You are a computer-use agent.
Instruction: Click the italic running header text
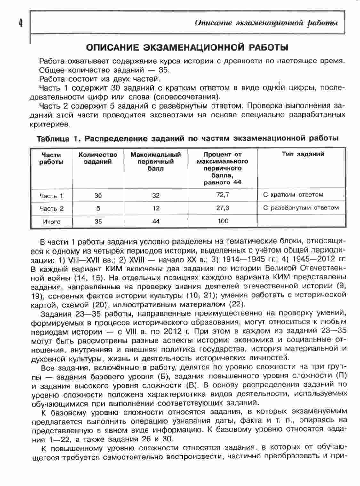pyautogui.click(x=266, y=23)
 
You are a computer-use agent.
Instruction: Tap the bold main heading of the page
pyautogui.click(x=188, y=47)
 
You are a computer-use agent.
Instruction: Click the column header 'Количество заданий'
pyautogui.click(x=98, y=158)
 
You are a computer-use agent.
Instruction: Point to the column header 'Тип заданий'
pyautogui.click(x=303, y=154)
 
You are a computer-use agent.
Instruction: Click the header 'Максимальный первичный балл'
pyautogui.click(x=156, y=161)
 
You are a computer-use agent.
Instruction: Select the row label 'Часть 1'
pyautogui.click(x=51, y=196)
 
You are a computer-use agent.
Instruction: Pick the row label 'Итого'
pyautogui.click(x=51, y=222)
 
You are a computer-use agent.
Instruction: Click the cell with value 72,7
pyautogui.click(x=223, y=194)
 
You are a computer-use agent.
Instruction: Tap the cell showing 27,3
pyautogui.click(x=223, y=208)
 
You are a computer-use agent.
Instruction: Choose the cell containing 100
pyautogui.click(x=223, y=221)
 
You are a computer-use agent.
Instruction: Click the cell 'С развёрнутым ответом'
pyautogui.click(x=301, y=208)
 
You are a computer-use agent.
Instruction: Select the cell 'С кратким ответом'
pyautogui.click(x=293, y=194)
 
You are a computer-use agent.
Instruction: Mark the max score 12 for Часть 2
pyautogui.click(x=156, y=208)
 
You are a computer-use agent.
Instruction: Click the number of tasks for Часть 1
pyautogui.click(x=98, y=195)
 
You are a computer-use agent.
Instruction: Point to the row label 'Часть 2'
pyautogui.click(x=51, y=208)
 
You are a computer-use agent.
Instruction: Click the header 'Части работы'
pyautogui.click(x=51, y=158)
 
